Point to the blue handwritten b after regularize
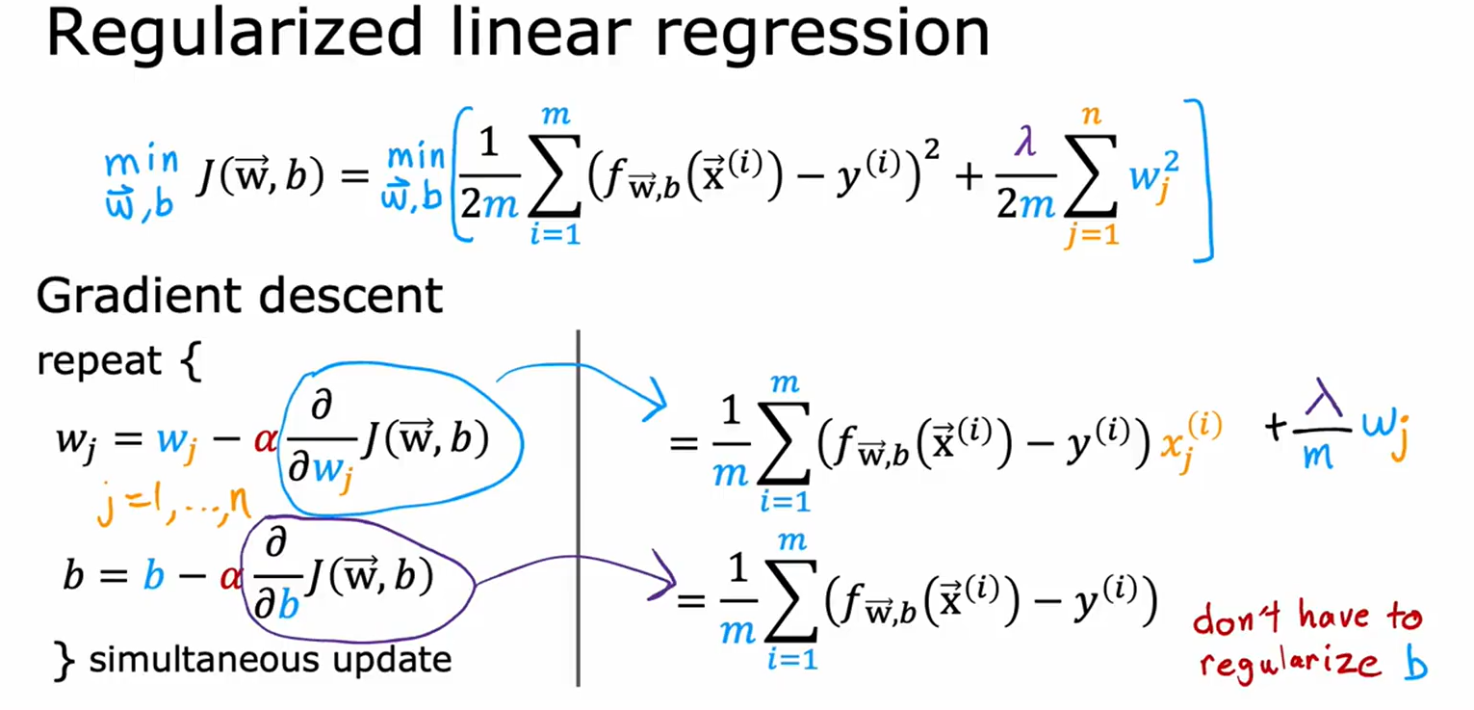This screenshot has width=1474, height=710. click(1413, 664)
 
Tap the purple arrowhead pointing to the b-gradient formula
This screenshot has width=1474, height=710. click(663, 576)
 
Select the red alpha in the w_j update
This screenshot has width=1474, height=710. click(264, 440)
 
